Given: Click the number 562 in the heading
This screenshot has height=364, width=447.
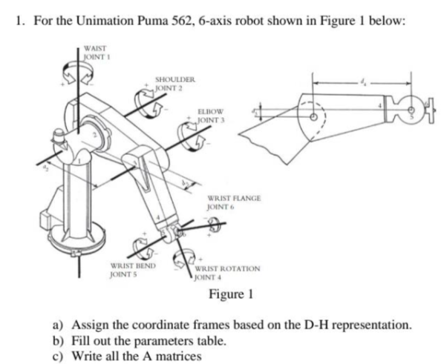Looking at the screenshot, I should (x=174, y=20).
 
